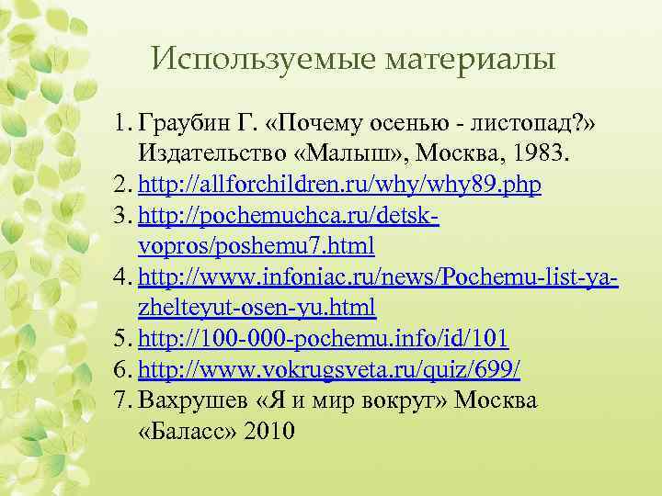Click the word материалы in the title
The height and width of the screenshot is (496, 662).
pyautogui.click(x=473, y=61)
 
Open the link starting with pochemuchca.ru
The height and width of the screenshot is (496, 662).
pyautogui.click(x=290, y=216)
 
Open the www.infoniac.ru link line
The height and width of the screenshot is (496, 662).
pyautogui.click(x=377, y=277)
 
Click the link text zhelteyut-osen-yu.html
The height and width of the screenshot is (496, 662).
pyautogui.click(x=257, y=308)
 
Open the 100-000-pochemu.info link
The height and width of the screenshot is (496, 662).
pyautogui.click(x=322, y=339)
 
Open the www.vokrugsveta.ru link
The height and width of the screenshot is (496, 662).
pyautogui.click(x=329, y=370)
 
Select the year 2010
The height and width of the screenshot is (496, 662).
pyautogui.click(x=270, y=432)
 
